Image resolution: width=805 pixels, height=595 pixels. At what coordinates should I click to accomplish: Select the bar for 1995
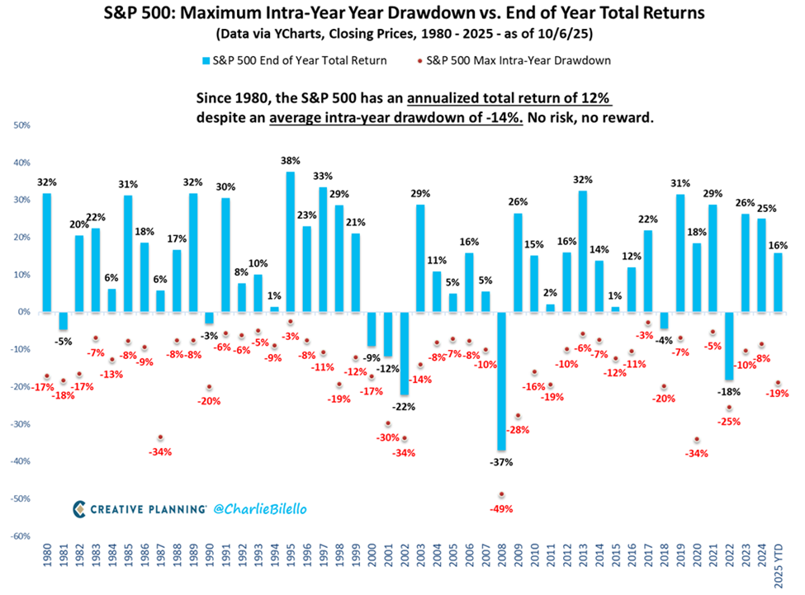coord(290,242)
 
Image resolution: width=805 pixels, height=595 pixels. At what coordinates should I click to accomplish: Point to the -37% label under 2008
coord(500,462)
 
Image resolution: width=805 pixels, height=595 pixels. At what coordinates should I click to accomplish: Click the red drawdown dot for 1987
coord(160,437)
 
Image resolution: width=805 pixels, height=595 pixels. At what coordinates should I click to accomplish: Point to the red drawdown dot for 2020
coord(697,439)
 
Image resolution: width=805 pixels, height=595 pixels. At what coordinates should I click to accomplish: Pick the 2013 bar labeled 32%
coord(583,251)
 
